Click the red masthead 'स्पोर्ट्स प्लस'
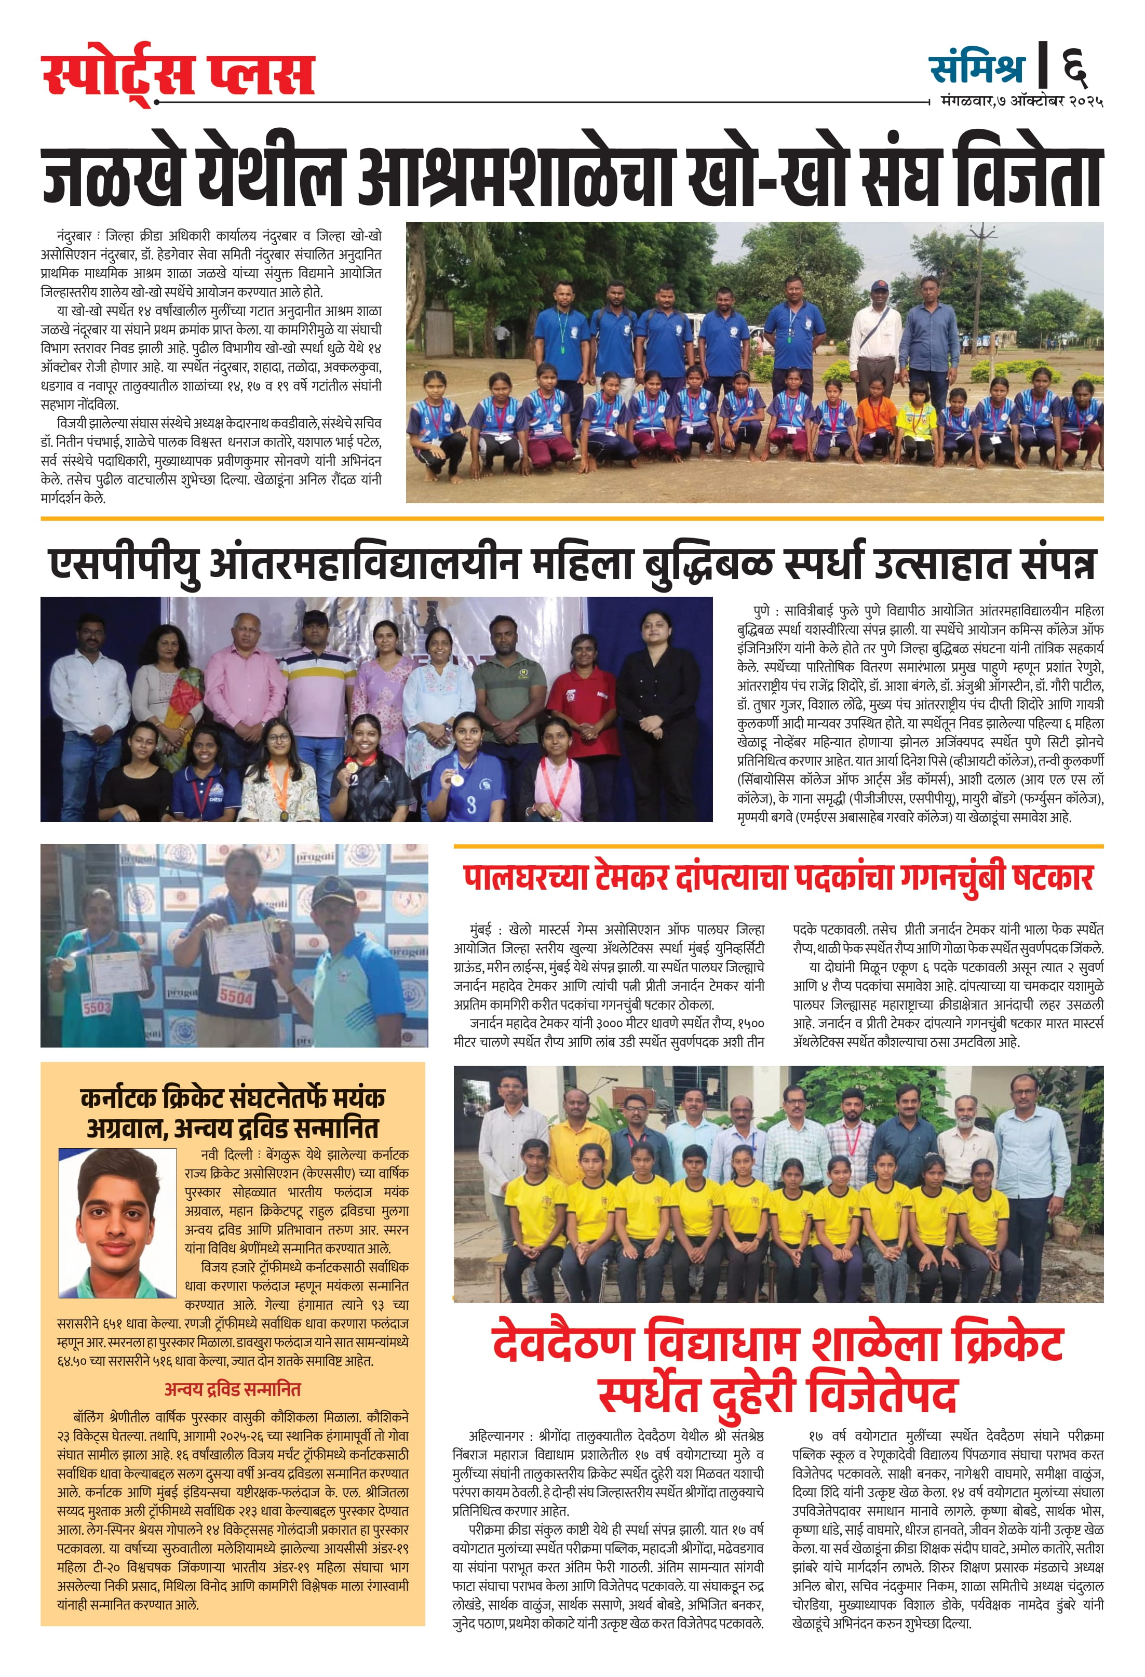(178, 75)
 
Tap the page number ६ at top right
(1074, 67)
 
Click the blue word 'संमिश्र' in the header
(977, 68)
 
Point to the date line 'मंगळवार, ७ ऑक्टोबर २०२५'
(1021, 102)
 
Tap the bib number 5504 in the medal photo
(236, 997)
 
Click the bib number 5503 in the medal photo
(97, 1005)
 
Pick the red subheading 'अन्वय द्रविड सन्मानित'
(232, 1389)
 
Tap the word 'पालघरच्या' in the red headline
(524, 878)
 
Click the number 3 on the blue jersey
(470, 804)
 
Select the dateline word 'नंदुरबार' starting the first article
(75, 236)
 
